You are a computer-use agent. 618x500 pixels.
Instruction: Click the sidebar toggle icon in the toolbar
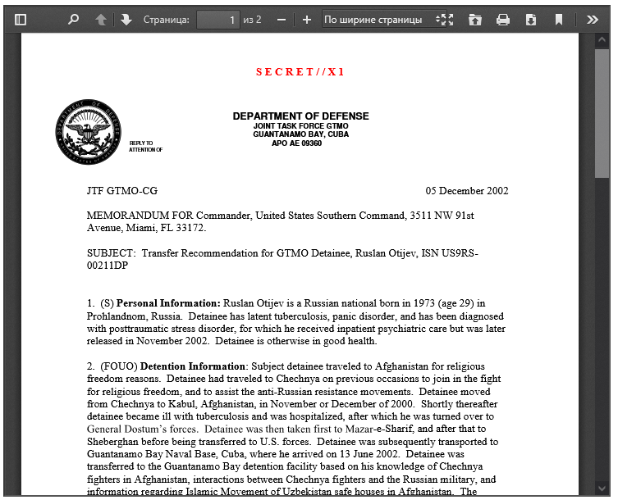click(x=21, y=19)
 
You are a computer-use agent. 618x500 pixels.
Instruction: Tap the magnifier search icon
click(x=73, y=19)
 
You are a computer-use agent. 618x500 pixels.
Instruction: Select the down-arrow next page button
click(x=126, y=19)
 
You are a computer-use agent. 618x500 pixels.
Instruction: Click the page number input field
click(x=217, y=19)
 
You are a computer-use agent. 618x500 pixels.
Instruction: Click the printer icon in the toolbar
click(x=503, y=19)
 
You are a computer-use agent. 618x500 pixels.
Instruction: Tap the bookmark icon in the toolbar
click(x=558, y=19)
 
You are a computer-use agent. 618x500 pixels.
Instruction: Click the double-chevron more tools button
click(x=593, y=19)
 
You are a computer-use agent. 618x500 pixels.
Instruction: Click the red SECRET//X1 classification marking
click(x=300, y=72)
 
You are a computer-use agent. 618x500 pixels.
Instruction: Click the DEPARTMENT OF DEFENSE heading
click(x=300, y=116)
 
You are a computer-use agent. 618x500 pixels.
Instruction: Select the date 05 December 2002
click(x=466, y=191)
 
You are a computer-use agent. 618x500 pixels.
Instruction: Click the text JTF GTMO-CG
click(x=122, y=191)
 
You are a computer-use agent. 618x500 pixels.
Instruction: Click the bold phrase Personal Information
click(x=168, y=303)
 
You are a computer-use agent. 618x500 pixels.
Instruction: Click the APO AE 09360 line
click(x=296, y=143)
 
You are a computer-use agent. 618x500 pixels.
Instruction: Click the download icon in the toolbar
click(x=531, y=19)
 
